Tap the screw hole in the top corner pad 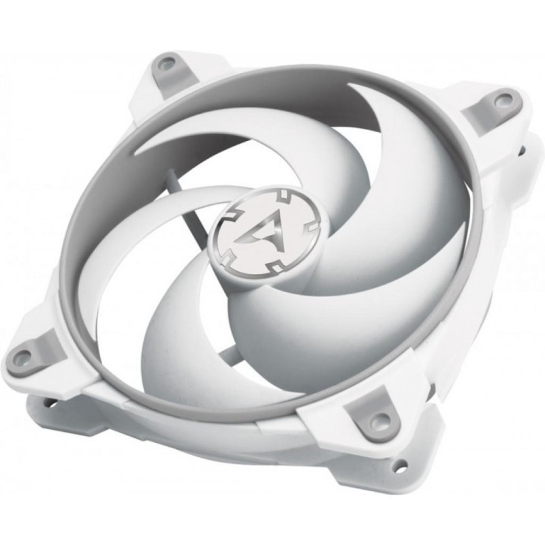click(163, 66)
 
